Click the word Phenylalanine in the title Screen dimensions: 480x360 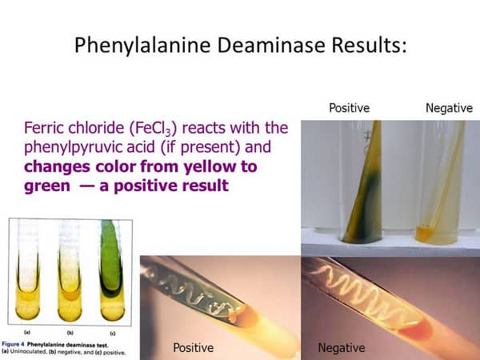point(142,46)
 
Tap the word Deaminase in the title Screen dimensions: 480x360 point(271,45)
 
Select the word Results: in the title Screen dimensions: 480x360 point(370,45)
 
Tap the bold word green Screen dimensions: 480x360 point(47,186)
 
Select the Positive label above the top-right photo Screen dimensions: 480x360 point(350,108)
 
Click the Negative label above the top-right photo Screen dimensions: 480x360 point(449,108)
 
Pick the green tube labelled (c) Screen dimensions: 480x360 point(112,270)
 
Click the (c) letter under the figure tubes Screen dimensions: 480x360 point(113,333)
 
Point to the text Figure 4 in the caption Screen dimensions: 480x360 point(13,344)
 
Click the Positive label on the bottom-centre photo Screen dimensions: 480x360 point(193,347)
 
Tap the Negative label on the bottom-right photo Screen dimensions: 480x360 point(342,348)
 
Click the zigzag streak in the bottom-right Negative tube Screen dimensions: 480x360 point(362,293)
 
